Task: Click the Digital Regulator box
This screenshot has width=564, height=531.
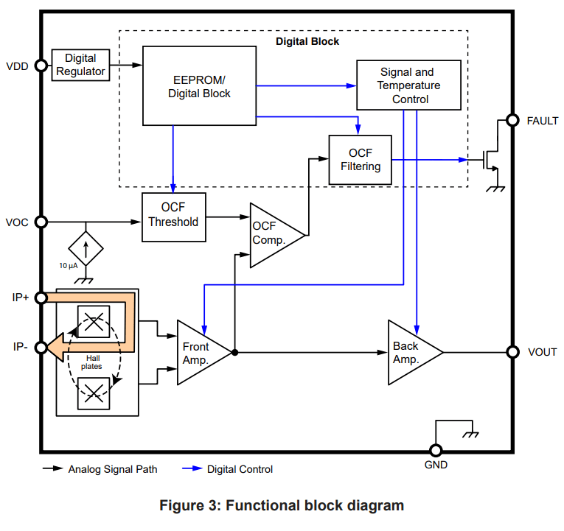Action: point(80,66)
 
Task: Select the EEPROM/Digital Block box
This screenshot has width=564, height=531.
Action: point(199,86)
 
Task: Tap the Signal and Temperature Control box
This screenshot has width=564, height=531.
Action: point(408,85)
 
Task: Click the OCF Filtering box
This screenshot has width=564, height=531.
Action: point(360,160)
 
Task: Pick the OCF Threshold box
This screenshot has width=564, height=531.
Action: point(173,215)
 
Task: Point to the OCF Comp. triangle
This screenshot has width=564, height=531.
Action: point(273,234)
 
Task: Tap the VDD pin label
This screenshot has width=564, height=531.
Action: point(17,66)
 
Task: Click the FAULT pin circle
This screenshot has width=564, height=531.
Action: point(512,121)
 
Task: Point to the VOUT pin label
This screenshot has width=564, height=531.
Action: point(542,353)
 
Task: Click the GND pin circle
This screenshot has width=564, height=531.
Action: point(435,450)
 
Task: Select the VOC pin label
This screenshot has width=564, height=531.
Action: point(17,222)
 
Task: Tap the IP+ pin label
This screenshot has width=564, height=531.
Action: point(21,298)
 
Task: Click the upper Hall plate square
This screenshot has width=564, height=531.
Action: point(94,322)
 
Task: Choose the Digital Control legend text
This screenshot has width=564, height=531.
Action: point(240,469)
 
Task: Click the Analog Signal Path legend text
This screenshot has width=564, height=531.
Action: point(112,469)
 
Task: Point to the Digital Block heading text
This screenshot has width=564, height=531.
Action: point(307,42)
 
